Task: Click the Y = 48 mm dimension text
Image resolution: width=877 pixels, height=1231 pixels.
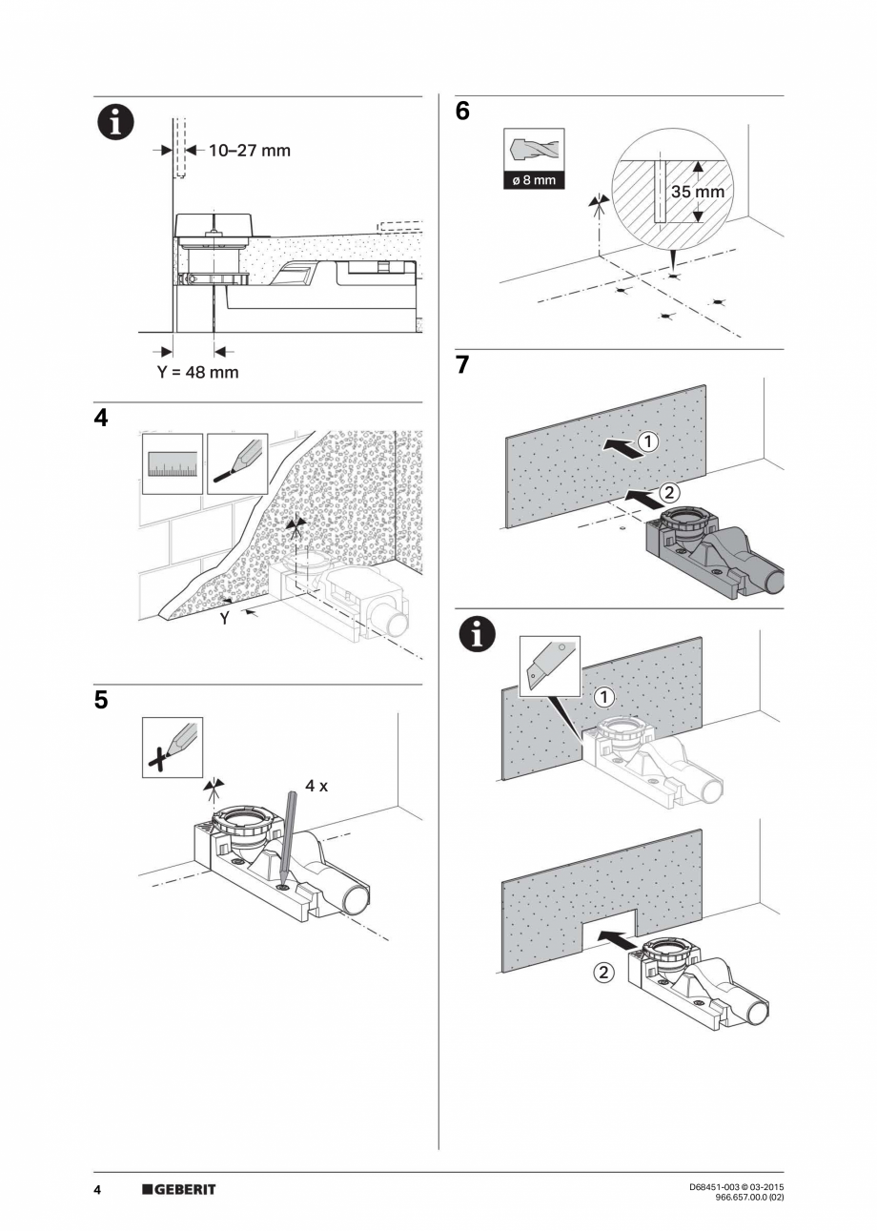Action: tap(197, 372)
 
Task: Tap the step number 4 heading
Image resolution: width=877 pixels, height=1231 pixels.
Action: tap(101, 419)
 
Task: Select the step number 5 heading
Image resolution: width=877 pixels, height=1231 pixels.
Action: tap(101, 700)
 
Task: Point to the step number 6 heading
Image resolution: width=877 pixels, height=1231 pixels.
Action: tap(462, 112)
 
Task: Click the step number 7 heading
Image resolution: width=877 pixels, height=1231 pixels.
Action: tap(462, 365)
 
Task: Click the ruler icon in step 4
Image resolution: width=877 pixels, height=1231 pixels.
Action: tap(173, 463)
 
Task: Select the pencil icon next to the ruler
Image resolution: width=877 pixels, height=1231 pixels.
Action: tap(237, 463)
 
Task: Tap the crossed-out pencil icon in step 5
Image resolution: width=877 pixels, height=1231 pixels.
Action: tap(173, 748)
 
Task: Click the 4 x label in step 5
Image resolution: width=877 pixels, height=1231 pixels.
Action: tap(316, 786)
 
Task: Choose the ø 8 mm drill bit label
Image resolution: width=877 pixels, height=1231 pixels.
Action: tap(533, 180)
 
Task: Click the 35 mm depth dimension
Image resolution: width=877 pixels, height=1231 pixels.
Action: tap(697, 192)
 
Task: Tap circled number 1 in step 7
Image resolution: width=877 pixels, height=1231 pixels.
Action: tap(646, 441)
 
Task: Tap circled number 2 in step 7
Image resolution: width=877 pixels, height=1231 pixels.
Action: tap(670, 493)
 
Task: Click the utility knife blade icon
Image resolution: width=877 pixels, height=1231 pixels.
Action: tap(551, 665)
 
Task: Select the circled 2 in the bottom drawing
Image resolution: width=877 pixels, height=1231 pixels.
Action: tap(604, 974)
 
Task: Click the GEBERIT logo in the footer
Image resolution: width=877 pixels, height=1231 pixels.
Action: tap(179, 1189)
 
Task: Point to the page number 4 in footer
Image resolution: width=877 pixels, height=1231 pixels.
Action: tap(97, 1189)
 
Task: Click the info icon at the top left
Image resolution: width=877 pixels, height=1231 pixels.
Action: tap(113, 124)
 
